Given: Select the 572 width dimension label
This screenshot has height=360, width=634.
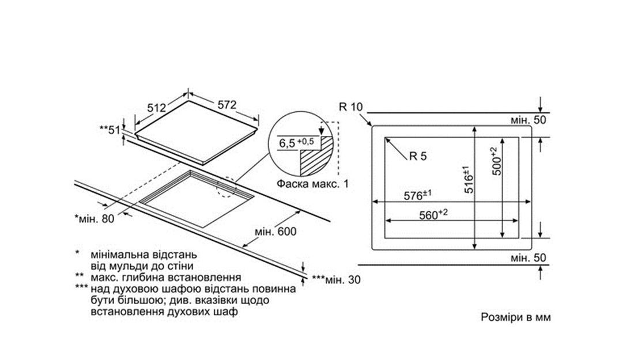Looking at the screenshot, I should pyautogui.click(x=227, y=105).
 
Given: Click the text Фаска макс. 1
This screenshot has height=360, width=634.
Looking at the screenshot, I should pyautogui.click(x=313, y=184).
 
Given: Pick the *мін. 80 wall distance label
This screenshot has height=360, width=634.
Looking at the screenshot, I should pyautogui.click(x=95, y=218).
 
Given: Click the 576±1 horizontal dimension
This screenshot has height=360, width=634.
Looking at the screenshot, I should pyautogui.click(x=421, y=195).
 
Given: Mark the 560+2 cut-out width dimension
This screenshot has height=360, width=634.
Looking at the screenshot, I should pyautogui.click(x=433, y=214).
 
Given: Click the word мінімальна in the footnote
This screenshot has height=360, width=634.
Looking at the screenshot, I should pyautogui.click(x=119, y=254).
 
